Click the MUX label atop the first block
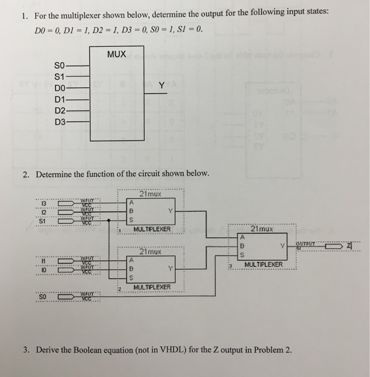coord(117,54)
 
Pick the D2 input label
coord(60,110)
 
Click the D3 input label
coord(60,122)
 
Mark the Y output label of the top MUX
coord(161,85)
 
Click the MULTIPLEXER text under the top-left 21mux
coord(152,229)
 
